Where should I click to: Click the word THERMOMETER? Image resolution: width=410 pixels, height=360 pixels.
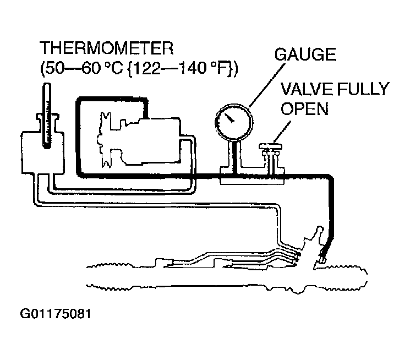click(x=106, y=48)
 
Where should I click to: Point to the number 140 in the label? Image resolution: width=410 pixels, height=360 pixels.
click(x=193, y=68)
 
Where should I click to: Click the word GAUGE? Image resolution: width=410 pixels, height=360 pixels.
click(x=305, y=54)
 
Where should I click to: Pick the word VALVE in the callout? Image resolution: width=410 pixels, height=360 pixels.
click(x=307, y=89)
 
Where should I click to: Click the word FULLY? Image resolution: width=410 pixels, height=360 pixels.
click(x=363, y=89)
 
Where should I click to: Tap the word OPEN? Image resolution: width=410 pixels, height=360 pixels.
click(x=305, y=108)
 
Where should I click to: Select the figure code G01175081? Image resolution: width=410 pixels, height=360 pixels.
click(x=56, y=314)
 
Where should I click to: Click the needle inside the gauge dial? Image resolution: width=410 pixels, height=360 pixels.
click(x=229, y=118)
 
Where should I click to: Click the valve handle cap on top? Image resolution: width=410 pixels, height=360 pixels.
click(x=271, y=146)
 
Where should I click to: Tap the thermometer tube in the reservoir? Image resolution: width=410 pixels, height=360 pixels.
click(x=47, y=116)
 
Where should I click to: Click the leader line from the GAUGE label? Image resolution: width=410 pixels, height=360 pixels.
click(x=267, y=85)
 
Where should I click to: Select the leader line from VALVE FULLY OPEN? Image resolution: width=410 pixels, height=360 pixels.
click(x=282, y=132)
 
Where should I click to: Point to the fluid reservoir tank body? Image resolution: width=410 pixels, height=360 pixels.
click(x=42, y=152)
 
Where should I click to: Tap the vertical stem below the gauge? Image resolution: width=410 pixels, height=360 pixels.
click(x=234, y=157)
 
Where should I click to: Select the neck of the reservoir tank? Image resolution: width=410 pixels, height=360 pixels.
click(x=47, y=122)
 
